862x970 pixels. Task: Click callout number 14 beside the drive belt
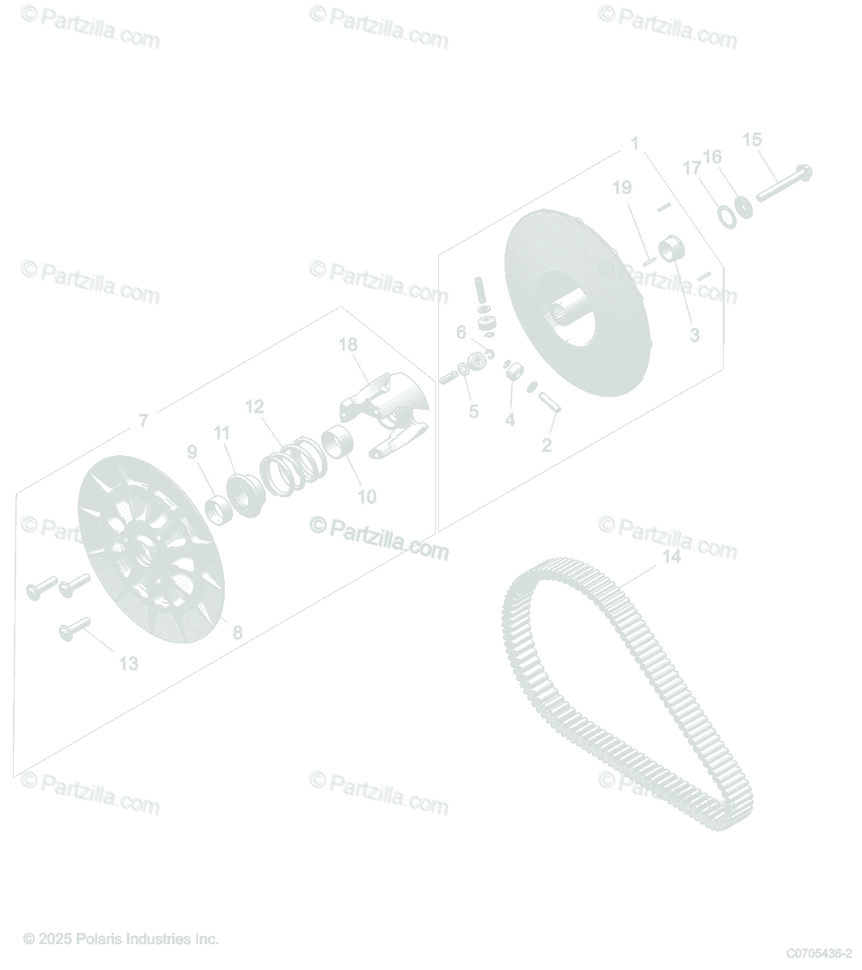(671, 556)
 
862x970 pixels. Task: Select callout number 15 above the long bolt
(752, 139)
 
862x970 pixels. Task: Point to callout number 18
(349, 344)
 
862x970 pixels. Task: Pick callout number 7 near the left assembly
(143, 420)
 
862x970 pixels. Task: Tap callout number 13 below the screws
(129, 663)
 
